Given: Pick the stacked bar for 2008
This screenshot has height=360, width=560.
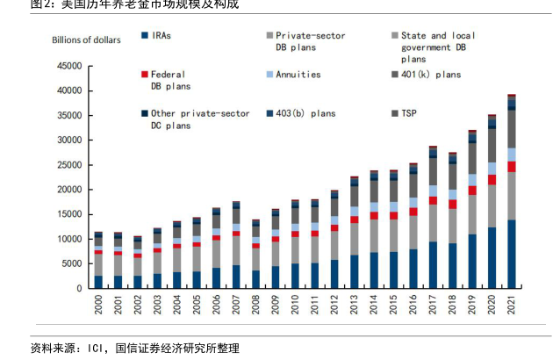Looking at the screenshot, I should pyautogui.click(x=255, y=255).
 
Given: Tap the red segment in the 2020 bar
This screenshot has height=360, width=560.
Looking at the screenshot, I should pyautogui.click(x=492, y=179).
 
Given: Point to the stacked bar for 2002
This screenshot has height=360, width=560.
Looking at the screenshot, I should pyautogui.click(x=138, y=263).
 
